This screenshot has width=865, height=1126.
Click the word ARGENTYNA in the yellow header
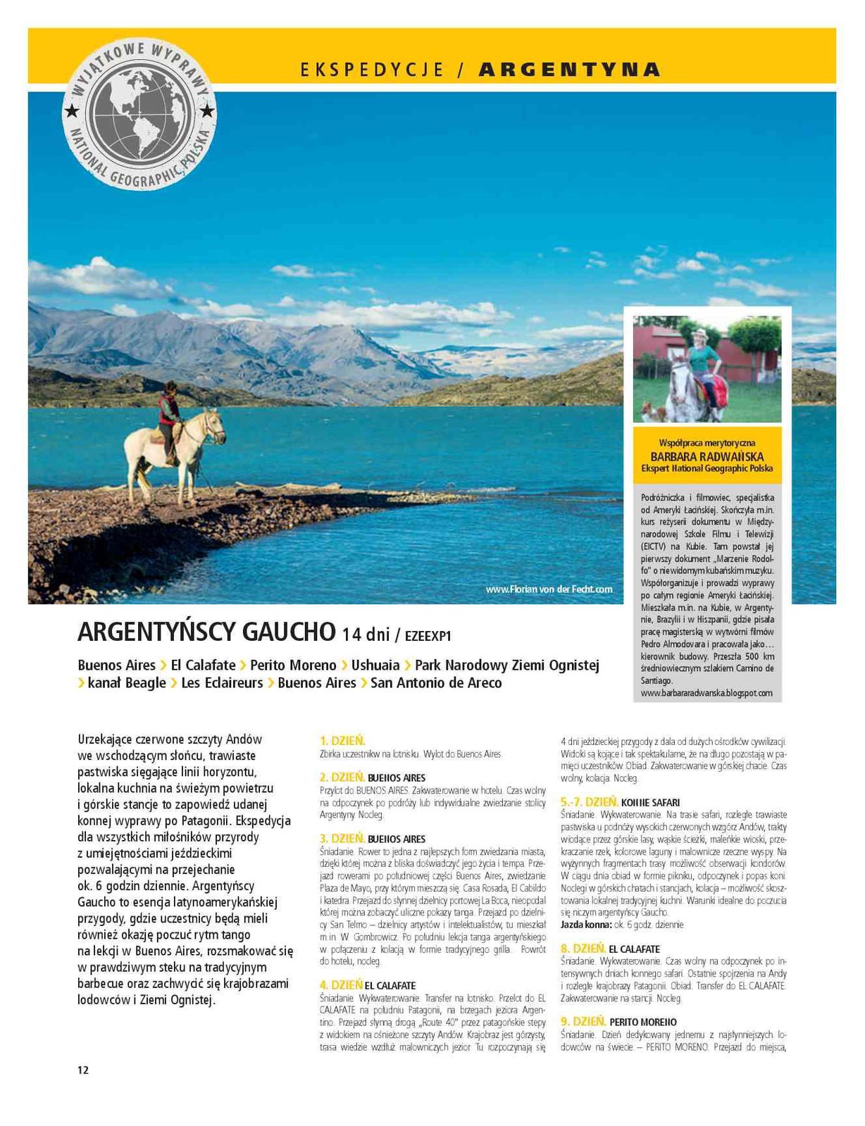tap(569, 69)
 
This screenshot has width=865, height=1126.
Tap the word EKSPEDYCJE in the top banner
tap(372, 69)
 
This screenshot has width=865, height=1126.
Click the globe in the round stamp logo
tap(140, 115)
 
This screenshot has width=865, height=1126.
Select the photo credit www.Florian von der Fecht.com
tap(549, 589)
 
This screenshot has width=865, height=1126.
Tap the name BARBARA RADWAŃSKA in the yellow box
tap(707, 456)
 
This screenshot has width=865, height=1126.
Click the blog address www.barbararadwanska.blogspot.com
tap(707, 693)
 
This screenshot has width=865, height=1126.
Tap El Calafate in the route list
tap(203, 665)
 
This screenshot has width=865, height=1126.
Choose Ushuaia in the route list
tap(375, 665)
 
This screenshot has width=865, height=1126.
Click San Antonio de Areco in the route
tap(436, 682)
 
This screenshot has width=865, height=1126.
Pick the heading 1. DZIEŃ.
tap(342, 740)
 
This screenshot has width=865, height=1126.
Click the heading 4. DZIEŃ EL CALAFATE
tap(368, 984)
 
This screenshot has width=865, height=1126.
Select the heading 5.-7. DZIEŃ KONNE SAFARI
tap(620, 801)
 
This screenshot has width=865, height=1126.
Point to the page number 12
tap(83, 1070)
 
